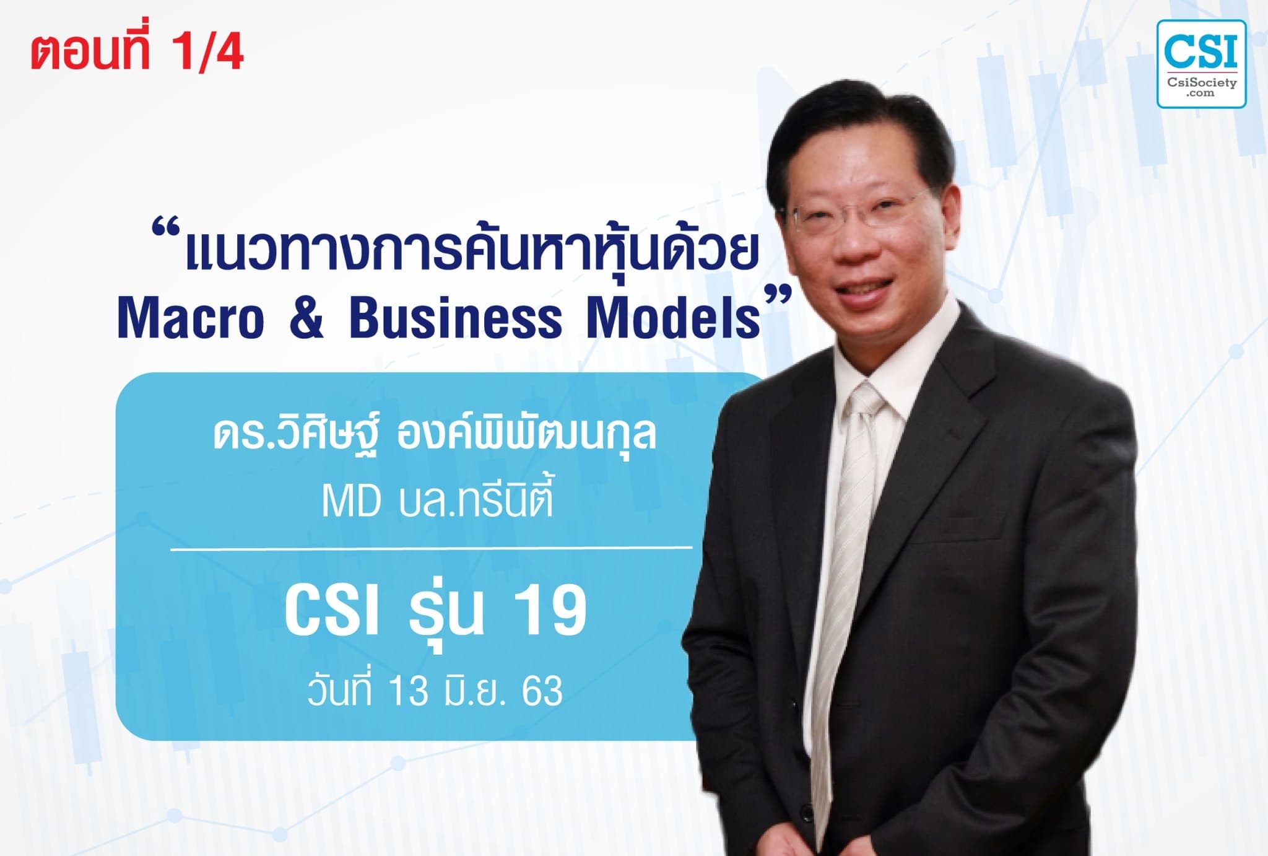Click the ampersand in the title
pos(306,318)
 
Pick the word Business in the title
pos(456,318)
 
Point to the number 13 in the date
pos(409,691)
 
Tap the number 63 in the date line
pos(542,691)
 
